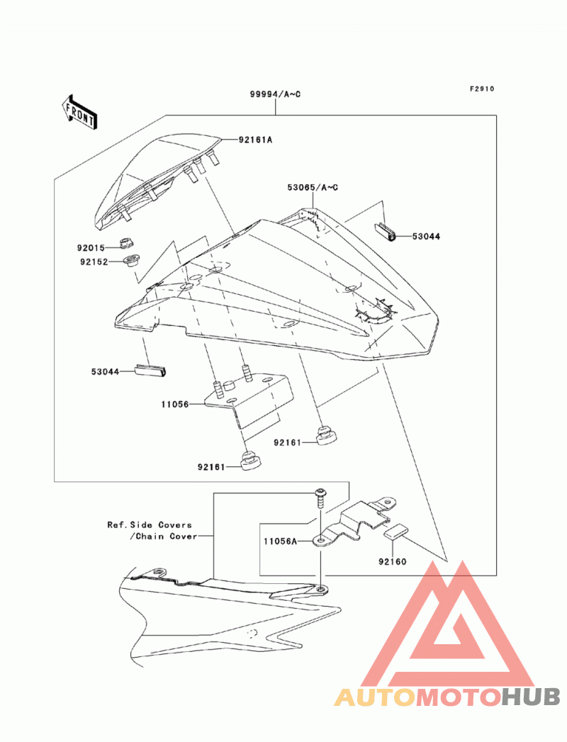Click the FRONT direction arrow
[79, 112]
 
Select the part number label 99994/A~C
[276, 94]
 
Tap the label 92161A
[256, 140]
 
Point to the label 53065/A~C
[313, 187]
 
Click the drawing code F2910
[482, 89]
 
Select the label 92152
[94, 262]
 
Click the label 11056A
[280, 541]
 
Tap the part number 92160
[393, 562]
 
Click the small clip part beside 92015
[125, 243]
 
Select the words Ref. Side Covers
[150, 525]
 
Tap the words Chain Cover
[167, 536]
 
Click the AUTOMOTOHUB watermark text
[447, 697]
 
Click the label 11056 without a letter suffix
[174, 405]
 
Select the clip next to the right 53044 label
[386, 232]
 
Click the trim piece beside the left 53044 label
[152, 371]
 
